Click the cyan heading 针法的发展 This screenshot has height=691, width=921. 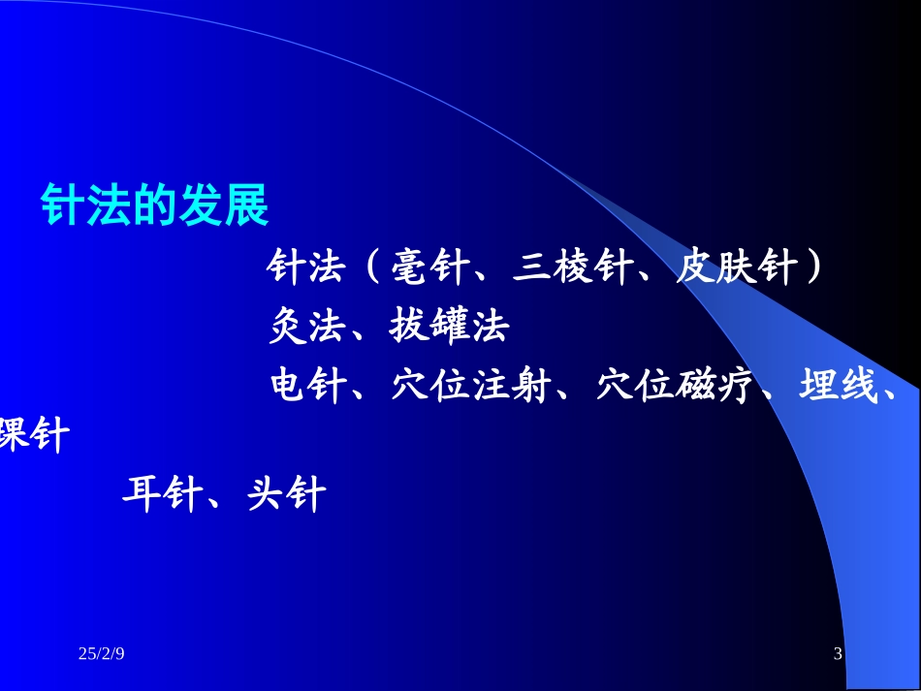154,205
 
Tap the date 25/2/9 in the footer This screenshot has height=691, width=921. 102,656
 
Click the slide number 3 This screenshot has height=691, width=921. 838,656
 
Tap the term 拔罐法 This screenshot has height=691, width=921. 449,327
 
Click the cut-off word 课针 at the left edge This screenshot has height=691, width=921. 35,435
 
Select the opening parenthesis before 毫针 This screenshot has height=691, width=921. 372,267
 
